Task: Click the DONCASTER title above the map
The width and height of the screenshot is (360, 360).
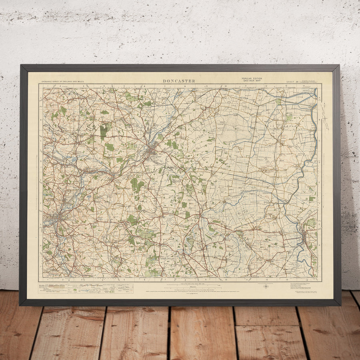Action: [179, 81]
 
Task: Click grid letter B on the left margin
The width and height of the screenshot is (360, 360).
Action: [40, 120]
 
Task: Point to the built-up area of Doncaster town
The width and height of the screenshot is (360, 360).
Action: [152, 151]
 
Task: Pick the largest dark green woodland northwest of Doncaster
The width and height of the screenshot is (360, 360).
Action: [105, 131]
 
